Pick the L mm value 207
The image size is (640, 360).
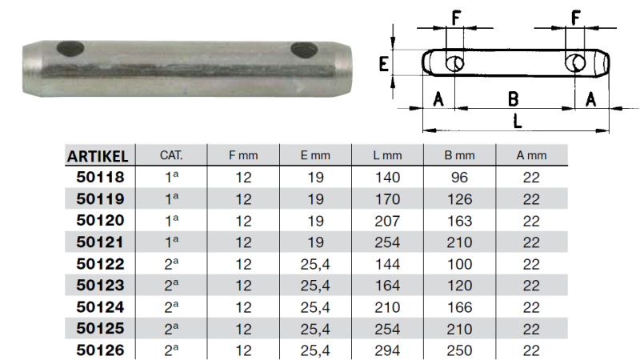point(388,220)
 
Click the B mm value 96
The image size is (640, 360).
point(459,177)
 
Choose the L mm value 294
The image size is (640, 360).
point(388,350)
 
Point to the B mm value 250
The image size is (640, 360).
point(459,350)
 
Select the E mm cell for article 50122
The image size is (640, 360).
point(315,263)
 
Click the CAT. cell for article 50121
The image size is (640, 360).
point(171,242)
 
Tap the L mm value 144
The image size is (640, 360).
point(388,263)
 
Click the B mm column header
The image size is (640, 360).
point(459,155)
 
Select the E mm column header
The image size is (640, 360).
point(315,155)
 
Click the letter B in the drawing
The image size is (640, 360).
point(514,98)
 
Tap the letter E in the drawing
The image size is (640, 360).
point(383,64)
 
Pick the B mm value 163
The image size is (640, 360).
point(459,220)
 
